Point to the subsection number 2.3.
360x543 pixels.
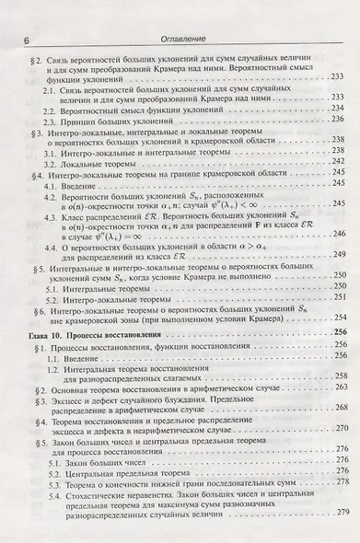click(x=55, y=121)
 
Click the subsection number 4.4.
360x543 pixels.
click(x=55, y=243)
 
